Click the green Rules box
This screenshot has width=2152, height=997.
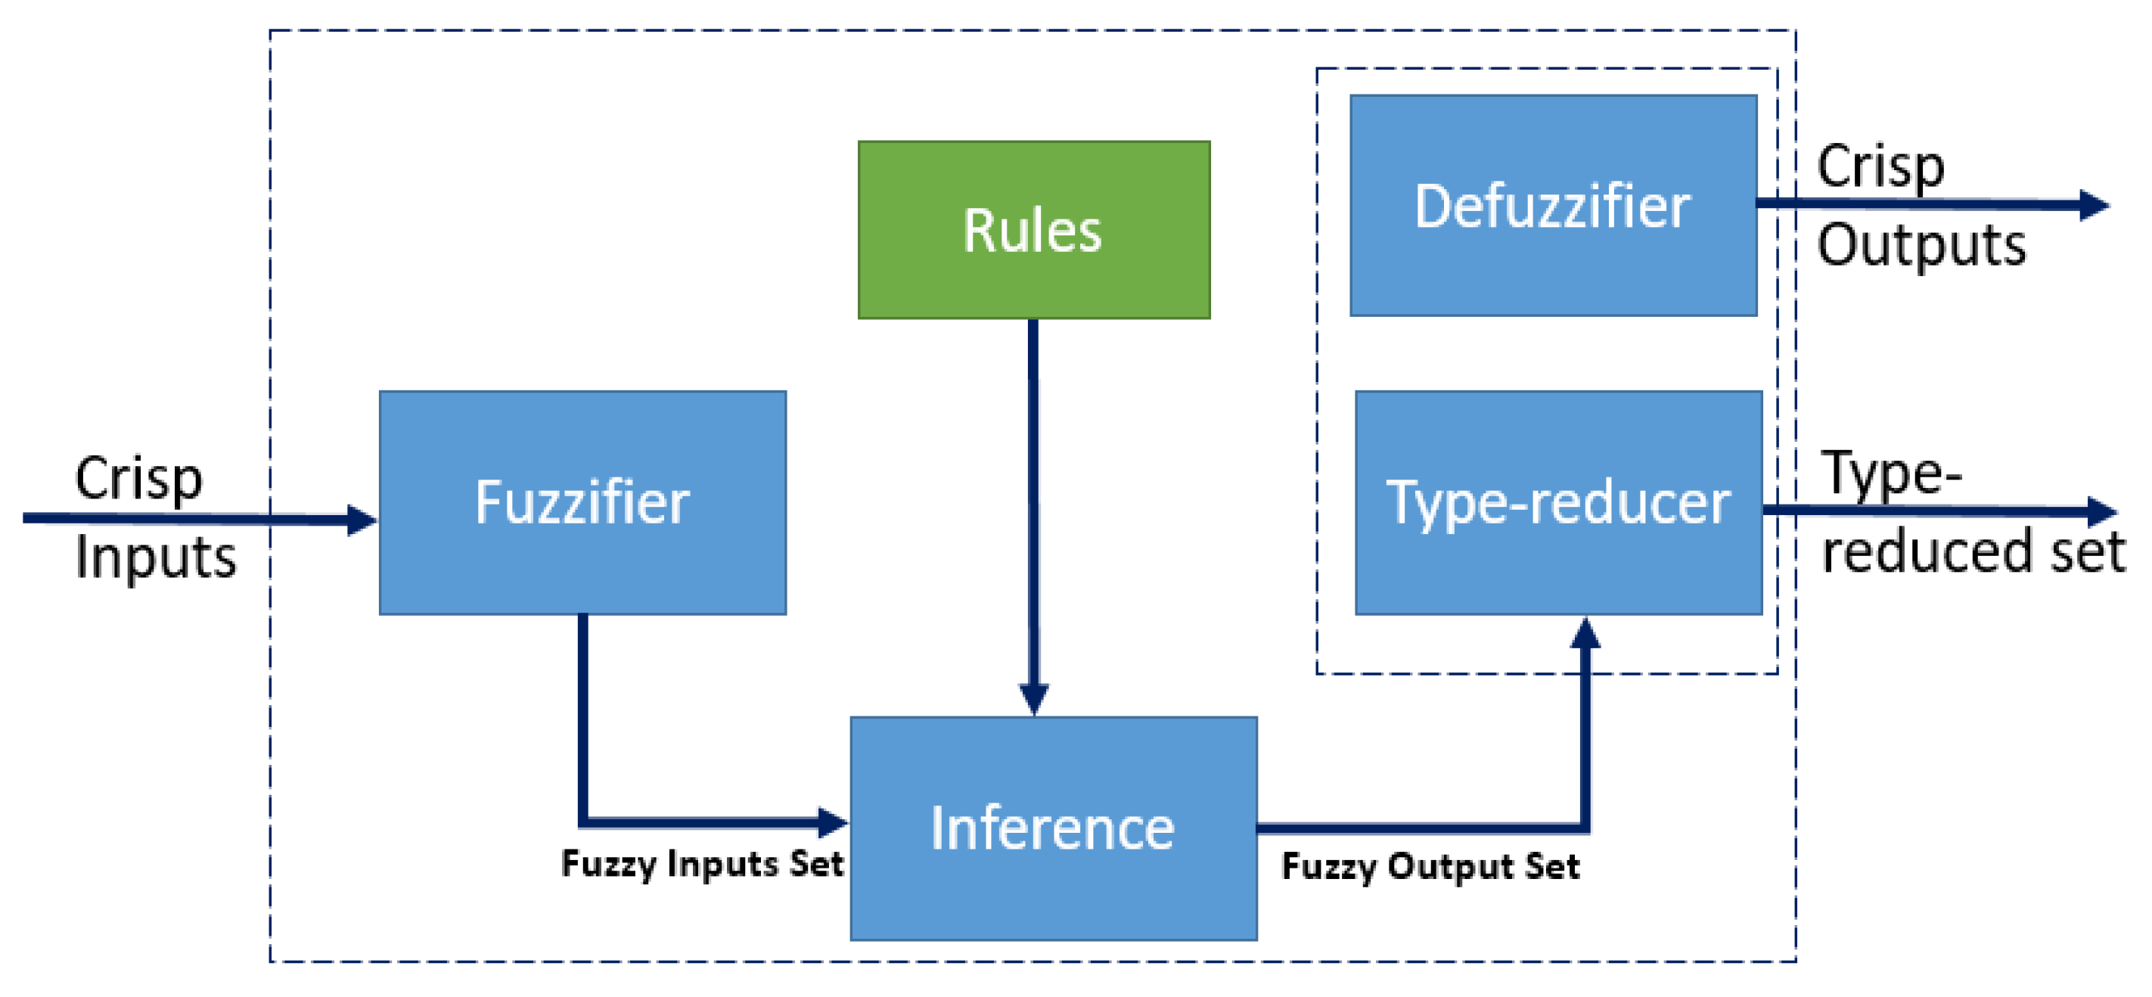pyautogui.click(x=1033, y=230)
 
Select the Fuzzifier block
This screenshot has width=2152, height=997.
pyautogui.click(x=582, y=502)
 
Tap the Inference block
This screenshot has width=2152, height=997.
pyautogui.click(x=1053, y=828)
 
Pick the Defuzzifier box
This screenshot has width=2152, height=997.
pyautogui.click(x=1552, y=206)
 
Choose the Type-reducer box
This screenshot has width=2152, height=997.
pyautogui.click(x=1558, y=502)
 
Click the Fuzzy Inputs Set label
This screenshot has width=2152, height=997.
pyautogui.click(x=702, y=863)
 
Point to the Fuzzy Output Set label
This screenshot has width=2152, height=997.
pyautogui.click(x=1430, y=867)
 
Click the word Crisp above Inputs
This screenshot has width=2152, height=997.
pyautogui.click(x=138, y=478)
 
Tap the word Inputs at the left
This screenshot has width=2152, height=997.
pyautogui.click(x=155, y=558)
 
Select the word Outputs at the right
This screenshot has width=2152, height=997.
pyautogui.click(x=1921, y=246)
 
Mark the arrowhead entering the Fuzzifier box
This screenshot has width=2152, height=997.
pyautogui.click(x=362, y=520)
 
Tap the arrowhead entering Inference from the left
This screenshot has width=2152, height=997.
pyautogui.click(x=832, y=822)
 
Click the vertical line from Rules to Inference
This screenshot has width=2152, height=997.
pyautogui.click(x=1033, y=502)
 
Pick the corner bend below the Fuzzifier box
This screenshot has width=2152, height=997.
pyautogui.click(x=584, y=821)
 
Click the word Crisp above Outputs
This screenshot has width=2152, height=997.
pyautogui.click(x=1880, y=166)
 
